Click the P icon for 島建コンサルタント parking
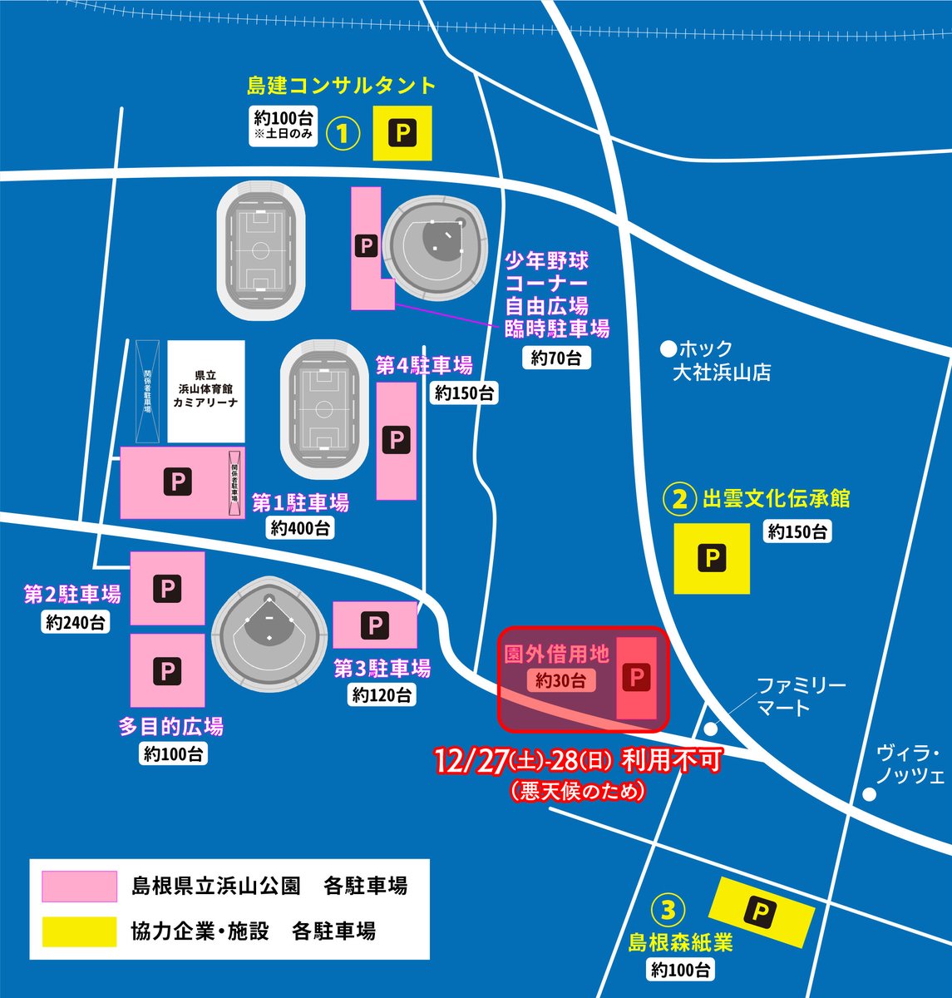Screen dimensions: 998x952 click(x=403, y=133)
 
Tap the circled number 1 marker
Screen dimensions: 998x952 click(x=343, y=133)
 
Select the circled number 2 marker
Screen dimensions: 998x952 click(x=679, y=499)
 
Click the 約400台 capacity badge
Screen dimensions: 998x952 click(x=300, y=527)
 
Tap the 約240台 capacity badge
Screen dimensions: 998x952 click(x=76, y=621)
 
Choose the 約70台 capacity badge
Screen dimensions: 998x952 click(x=556, y=358)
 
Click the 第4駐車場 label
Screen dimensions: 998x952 click(x=424, y=365)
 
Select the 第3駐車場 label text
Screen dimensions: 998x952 click(x=382, y=668)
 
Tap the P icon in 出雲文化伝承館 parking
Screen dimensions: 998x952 click(x=711, y=558)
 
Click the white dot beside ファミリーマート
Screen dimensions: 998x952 click(x=710, y=729)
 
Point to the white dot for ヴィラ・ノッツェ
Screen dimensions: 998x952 click(x=869, y=794)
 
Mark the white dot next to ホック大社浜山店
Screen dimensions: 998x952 click(x=666, y=348)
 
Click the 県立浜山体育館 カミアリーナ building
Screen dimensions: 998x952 click(x=206, y=390)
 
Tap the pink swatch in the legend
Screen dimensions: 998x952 click(x=80, y=886)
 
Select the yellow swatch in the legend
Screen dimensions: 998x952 click(x=80, y=931)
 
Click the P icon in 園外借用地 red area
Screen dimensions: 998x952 click(x=639, y=678)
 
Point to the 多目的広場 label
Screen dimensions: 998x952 click(x=171, y=727)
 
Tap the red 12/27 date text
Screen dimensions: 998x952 click(x=472, y=761)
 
